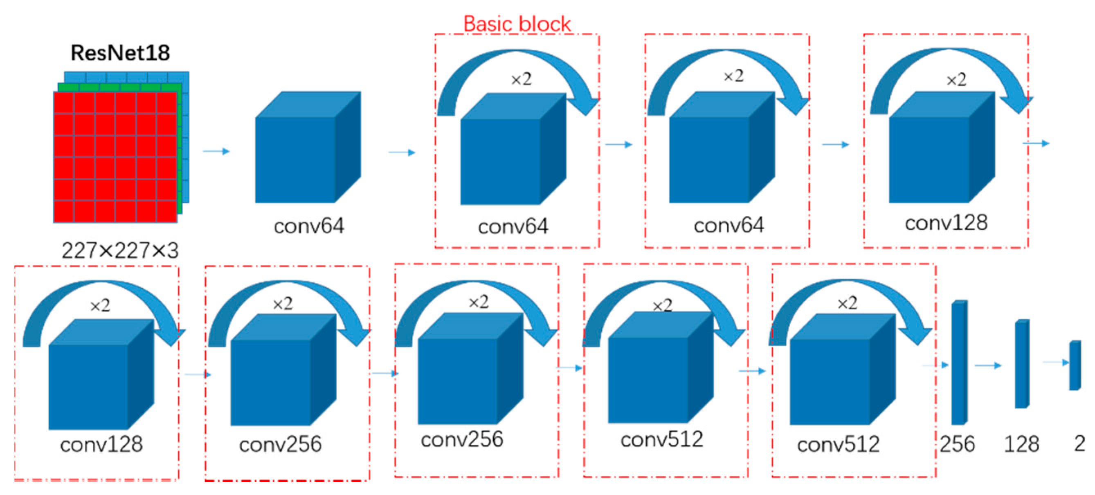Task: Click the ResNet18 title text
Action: click(120, 53)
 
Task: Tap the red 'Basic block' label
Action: click(517, 24)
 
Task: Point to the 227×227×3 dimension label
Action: click(120, 250)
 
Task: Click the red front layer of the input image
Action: click(115, 157)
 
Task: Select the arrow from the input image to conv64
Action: click(216, 151)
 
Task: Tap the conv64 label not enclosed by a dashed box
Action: click(308, 226)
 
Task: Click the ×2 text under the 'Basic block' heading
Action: click(521, 79)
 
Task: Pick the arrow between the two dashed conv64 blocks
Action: click(618, 145)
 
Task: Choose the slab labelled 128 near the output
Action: click(1022, 364)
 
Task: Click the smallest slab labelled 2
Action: click(1075, 365)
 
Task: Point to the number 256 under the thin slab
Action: click(957, 444)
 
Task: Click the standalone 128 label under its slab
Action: click(1021, 444)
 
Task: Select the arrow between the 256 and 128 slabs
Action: click(987, 365)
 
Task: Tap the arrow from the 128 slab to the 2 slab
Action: click(1056, 363)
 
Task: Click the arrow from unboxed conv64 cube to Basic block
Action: click(402, 152)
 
